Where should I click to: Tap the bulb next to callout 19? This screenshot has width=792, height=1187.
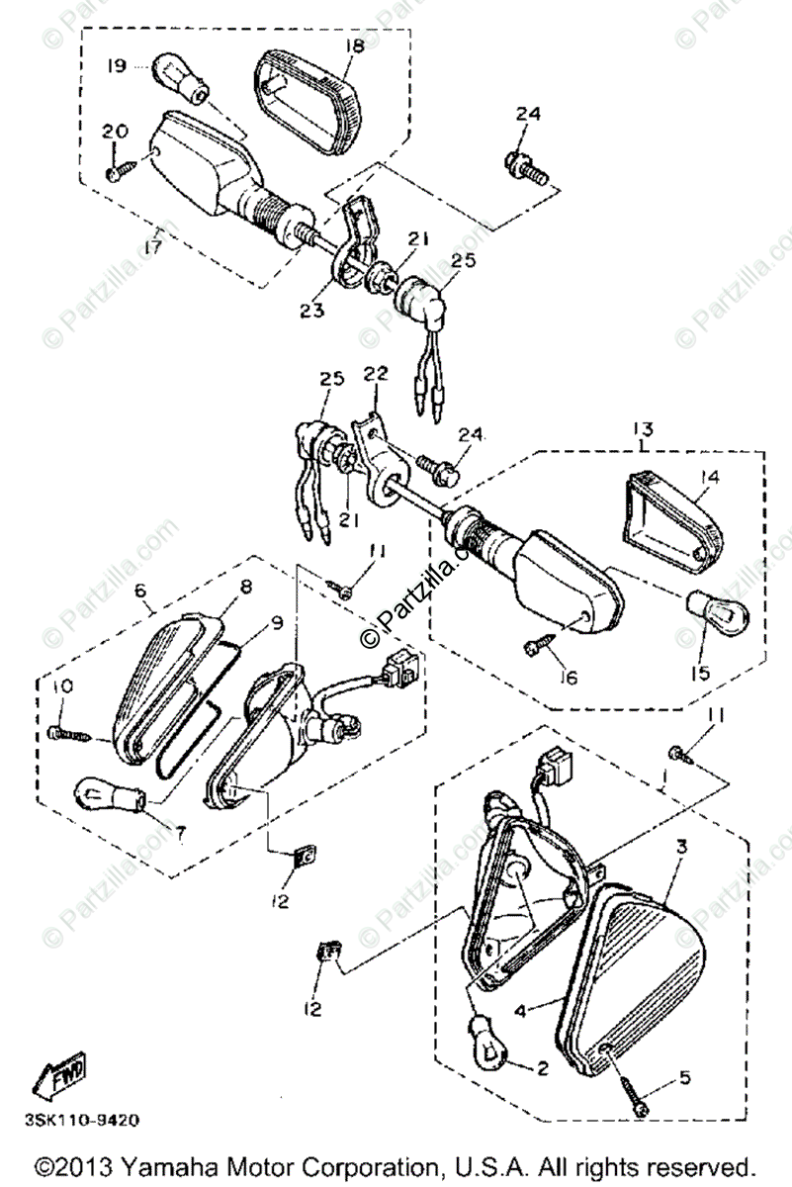click(182, 78)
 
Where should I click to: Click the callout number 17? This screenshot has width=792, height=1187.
click(152, 247)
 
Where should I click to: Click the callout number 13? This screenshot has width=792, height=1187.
click(644, 428)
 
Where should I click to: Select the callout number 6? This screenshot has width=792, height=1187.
click(139, 591)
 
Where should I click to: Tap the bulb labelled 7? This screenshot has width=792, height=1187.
click(108, 792)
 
